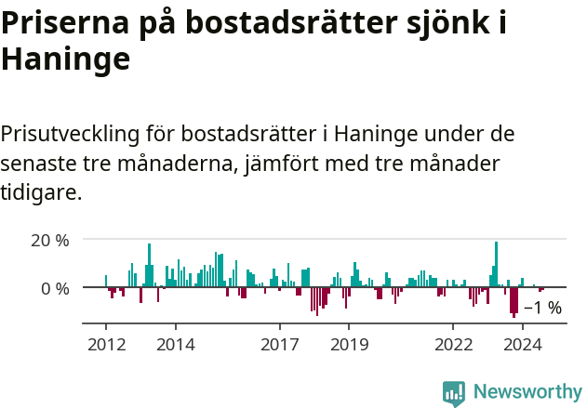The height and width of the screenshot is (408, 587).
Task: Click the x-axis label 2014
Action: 175,345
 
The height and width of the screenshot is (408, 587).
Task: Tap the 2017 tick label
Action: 279,345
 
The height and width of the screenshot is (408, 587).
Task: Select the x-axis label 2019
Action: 349,345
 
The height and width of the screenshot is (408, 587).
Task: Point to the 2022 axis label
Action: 453,345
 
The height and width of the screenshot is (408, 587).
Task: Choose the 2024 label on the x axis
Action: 523,345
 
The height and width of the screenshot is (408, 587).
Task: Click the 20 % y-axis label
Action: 50,240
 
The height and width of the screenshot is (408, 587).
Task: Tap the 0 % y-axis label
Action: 55,288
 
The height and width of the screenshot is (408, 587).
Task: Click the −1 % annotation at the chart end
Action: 542,309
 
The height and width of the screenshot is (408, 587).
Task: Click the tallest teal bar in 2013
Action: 149,266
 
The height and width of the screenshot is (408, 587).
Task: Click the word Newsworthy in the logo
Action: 527,391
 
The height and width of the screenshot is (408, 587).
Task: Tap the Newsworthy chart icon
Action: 454,392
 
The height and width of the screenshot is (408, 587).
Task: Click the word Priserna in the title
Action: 66,25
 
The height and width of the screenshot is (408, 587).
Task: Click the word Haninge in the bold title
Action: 65,59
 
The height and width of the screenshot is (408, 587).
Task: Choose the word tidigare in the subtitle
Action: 39,193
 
